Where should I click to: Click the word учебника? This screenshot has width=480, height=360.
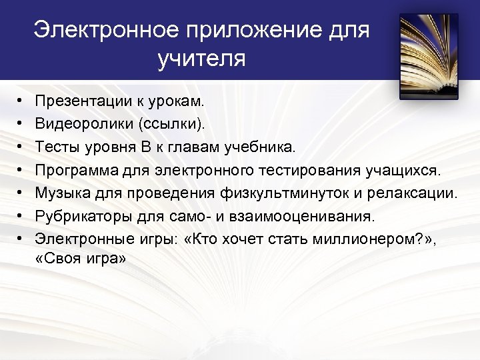(267, 146)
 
